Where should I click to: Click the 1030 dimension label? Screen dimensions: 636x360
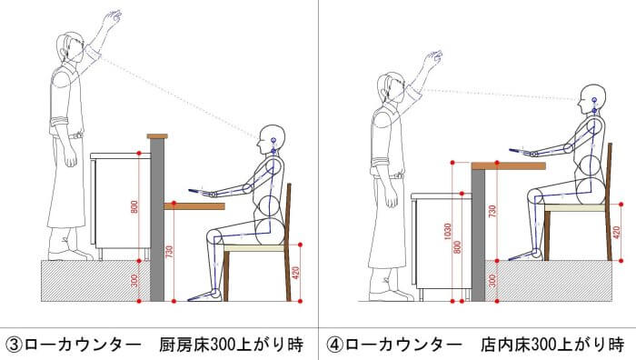point(447,231)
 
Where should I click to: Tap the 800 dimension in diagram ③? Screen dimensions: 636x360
point(134,207)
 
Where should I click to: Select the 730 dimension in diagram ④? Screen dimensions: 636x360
point(492,212)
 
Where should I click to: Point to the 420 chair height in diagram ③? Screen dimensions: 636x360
point(295,273)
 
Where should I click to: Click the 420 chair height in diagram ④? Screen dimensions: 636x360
point(616,233)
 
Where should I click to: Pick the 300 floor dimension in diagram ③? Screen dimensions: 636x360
point(134,281)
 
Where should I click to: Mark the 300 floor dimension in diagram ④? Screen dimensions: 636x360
point(492,281)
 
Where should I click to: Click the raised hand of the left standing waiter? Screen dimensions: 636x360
point(112,18)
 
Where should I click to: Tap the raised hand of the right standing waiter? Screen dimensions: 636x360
point(433,59)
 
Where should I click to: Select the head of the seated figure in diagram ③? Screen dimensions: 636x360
point(273,139)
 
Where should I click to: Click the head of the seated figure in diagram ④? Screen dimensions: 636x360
point(592,99)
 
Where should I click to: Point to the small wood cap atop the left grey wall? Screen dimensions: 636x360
point(157,136)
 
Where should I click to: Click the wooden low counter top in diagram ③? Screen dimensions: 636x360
point(194,206)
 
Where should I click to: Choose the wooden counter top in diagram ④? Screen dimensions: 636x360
point(508,165)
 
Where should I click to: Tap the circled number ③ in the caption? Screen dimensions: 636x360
point(15,345)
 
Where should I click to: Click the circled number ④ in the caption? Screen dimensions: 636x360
point(335,345)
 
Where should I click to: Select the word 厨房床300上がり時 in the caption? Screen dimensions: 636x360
point(231,345)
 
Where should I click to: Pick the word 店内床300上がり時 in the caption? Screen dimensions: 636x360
point(552,345)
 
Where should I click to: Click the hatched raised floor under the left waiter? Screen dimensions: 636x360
point(96,281)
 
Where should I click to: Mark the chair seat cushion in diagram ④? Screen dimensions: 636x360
point(575,208)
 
